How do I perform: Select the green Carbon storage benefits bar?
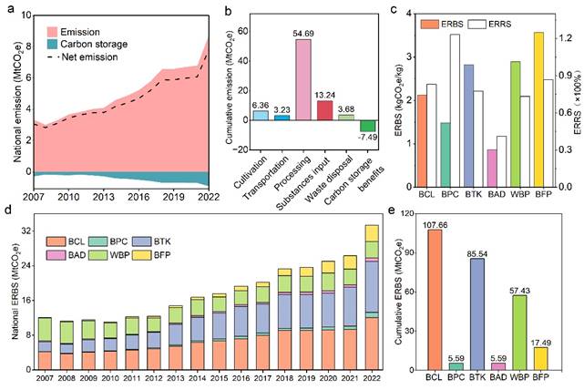click(x=367, y=126)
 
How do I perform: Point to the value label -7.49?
click(x=368, y=138)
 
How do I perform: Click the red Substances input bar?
click(x=323, y=110)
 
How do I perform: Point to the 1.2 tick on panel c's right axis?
click(x=566, y=38)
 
